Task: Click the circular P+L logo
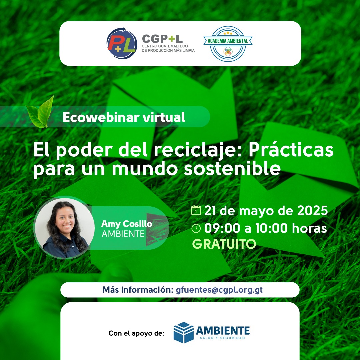click(x=122, y=43)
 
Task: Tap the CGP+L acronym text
click(x=162, y=39)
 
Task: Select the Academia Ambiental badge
click(x=228, y=44)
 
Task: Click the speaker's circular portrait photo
click(x=64, y=228)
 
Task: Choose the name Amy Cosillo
click(x=127, y=224)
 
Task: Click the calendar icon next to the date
click(x=196, y=210)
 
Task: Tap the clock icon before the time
click(x=196, y=228)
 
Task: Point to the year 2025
click(x=312, y=211)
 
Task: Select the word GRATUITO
click(x=224, y=244)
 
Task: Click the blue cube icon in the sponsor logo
click(x=183, y=332)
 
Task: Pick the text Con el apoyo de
click(x=136, y=333)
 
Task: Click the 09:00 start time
click(x=222, y=228)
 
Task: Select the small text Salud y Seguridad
click(x=222, y=338)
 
